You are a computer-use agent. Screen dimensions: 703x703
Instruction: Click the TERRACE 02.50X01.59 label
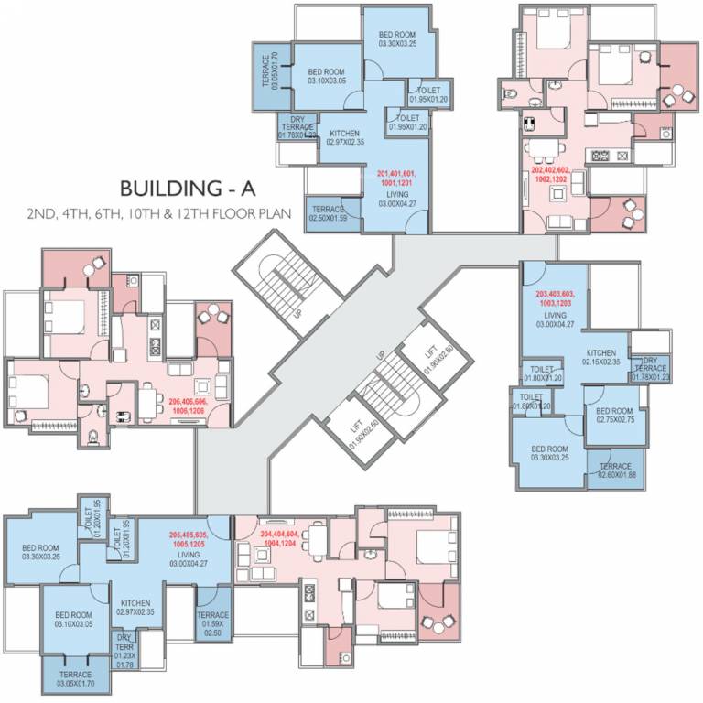(x=327, y=214)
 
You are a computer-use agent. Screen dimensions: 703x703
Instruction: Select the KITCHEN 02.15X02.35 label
(x=602, y=356)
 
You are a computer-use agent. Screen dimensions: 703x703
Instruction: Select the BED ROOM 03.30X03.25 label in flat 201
(x=398, y=38)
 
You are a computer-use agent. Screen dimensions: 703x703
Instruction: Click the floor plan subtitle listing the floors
(x=159, y=215)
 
